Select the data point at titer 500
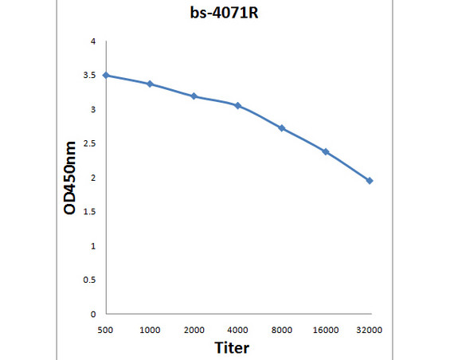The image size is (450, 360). pyautogui.click(x=106, y=75)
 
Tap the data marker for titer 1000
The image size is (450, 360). pyautogui.click(x=150, y=84)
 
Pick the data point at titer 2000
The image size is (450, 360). pyautogui.click(x=194, y=96)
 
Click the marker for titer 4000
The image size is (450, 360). pyautogui.click(x=237, y=105)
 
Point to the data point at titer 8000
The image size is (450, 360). pyautogui.click(x=282, y=128)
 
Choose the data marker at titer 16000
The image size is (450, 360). pyautogui.click(x=326, y=151)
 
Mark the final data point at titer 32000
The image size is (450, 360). pyautogui.click(x=370, y=181)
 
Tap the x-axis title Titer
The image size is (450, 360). pyautogui.click(x=231, y=347)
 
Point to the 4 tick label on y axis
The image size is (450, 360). pyautogui.click(x=93, y=41)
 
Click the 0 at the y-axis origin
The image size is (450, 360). pyautogui.click(x=93, y=315)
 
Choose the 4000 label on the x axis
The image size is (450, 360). pyautogui.click(x=237, y=329)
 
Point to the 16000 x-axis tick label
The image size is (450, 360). pyautogui.click(x=326, y=329)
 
